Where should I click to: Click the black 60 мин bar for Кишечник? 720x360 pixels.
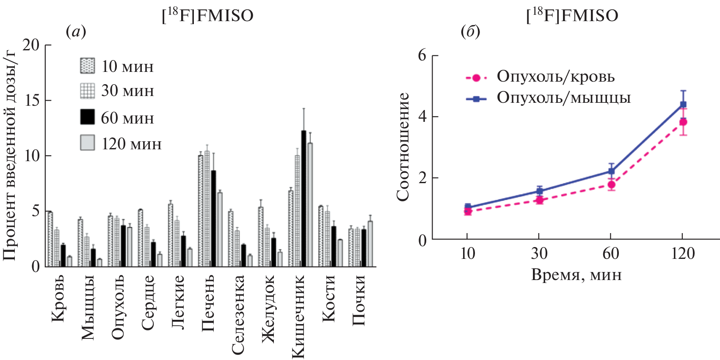point(303,199)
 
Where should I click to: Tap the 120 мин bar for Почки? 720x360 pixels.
point(370,244)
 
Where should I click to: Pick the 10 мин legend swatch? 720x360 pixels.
point(88,66)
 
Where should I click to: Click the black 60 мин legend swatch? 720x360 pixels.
point(88,117)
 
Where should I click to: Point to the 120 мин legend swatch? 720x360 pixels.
point(88,143)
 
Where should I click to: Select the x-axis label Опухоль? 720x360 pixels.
point(118,307)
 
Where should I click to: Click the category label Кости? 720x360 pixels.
point(328,298)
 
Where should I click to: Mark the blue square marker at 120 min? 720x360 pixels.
point(683,104)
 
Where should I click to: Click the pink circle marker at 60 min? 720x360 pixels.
point(611,184)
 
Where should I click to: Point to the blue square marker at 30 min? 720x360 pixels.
point(539,191)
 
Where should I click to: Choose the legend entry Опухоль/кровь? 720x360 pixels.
point(555,77)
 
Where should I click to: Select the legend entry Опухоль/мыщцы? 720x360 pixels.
point(563,98)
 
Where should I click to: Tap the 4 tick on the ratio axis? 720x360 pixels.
point(422,117)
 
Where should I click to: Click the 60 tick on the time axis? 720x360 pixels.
point(611,253)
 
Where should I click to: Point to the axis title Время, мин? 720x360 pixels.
point(576,275)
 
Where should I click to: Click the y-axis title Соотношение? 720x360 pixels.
point(403,147)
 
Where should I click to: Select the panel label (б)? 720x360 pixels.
point(470,32)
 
